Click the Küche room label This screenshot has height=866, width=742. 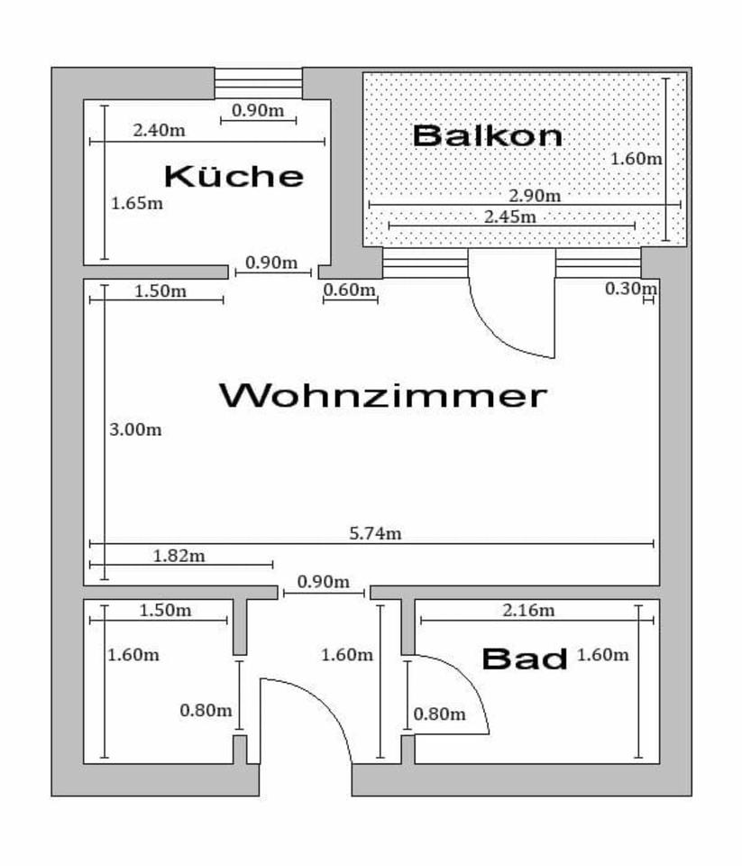pos(234,175)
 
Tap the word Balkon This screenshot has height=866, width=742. pos(488,135)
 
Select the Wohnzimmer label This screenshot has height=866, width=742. pos(383,395)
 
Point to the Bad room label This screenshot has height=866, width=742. pos(525,659)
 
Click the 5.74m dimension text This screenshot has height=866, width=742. pos(375,533)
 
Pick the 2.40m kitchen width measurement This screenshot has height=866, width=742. pos(160,130)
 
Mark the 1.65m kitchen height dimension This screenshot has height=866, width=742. pos(137,203)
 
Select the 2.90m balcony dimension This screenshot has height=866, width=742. pos(535,196)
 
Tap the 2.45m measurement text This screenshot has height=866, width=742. pos(509,216)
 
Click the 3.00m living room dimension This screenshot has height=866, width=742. pos(135,429)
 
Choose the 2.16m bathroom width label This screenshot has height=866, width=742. pos(528,611)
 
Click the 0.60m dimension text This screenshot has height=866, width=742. pos(349,290)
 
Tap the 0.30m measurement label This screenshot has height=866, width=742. pos(631,289)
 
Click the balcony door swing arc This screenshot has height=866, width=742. pos(505,329)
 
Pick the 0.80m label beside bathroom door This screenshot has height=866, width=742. pos(440,714)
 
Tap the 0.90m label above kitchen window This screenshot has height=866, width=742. pos(258,110)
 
